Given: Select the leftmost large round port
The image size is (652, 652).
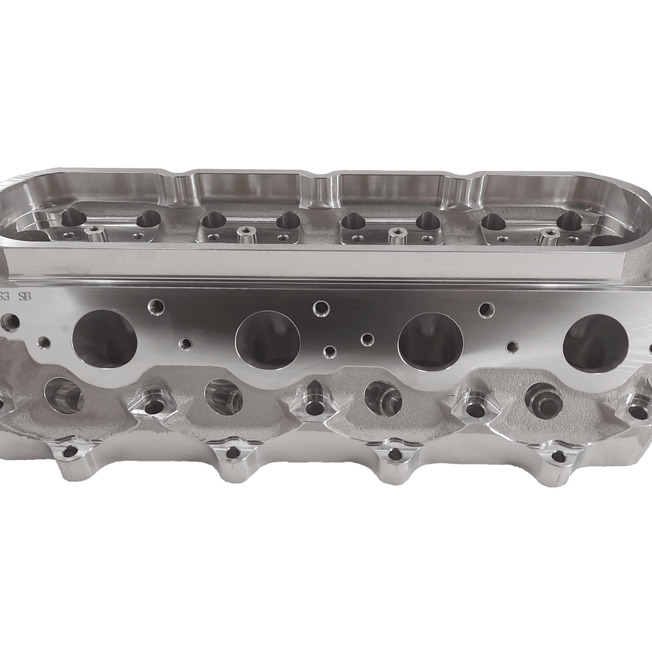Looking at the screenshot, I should click(106, 339).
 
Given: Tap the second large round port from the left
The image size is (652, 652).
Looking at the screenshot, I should click(268, 340).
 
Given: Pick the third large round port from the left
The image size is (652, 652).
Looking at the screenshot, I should click(430, 341).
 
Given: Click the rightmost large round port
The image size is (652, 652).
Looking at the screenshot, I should click(595, 343).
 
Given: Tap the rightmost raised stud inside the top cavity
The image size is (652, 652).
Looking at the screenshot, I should click(549, 236).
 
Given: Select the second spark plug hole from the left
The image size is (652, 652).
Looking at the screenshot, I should click(223, 392).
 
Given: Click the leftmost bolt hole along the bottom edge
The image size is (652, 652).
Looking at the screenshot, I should click(70, 451).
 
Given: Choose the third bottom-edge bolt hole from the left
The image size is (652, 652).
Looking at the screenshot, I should click(393, 455).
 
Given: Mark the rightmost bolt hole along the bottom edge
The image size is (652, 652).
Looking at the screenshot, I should click(558, 456).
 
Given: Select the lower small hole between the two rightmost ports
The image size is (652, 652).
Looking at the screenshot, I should click(513, 347).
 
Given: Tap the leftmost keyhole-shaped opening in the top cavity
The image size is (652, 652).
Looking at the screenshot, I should click(74, 218).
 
